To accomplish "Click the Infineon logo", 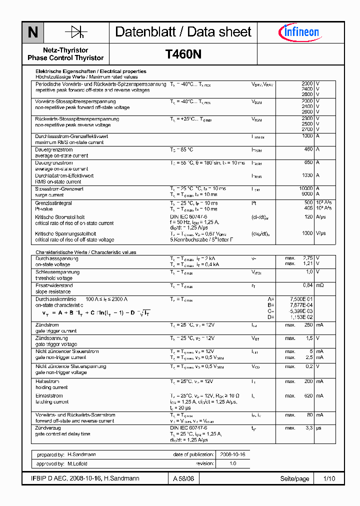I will [x=298, y=32].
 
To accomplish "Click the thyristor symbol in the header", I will [x=76, y=32].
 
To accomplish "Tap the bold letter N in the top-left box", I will [x=33, y=32].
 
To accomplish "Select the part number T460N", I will [x=183, y=54].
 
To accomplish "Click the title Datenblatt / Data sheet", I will [x=183, y=32].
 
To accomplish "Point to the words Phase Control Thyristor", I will [x=65, y=58].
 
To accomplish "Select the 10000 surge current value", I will [x=305, y=188].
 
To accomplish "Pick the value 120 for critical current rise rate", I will [x=308, y=217].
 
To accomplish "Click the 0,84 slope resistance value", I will [x=307, y=285].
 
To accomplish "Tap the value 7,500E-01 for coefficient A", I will [x=302, y=298].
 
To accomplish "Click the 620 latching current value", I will [x=308, y=395].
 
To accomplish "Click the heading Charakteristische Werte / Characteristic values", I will [x=85, y=252].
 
